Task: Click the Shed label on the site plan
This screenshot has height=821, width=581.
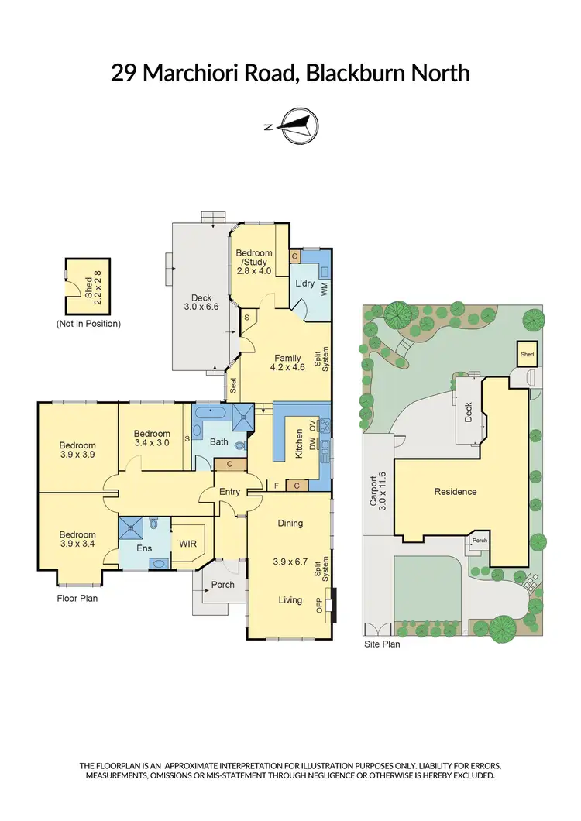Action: tap(528, 355)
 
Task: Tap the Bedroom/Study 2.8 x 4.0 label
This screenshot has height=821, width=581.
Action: tap(254, 262)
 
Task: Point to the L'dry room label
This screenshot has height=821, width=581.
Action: tap(304, 284)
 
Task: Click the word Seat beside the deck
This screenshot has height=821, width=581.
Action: tap(232, 385)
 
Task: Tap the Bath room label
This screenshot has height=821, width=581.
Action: tap(219, 442)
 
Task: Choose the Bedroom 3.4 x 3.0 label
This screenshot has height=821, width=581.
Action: tap(152, 438)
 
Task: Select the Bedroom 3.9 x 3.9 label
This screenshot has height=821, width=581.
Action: tap(78, 450)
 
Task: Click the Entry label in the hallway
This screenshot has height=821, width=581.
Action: tap(229, 492)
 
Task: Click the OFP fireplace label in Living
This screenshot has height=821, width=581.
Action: tap(318, 604)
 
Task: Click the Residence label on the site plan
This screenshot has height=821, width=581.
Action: tap(456, 491)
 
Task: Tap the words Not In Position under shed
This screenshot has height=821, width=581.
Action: tap(88, 323)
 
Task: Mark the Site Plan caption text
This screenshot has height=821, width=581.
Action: tap(382, 644)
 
